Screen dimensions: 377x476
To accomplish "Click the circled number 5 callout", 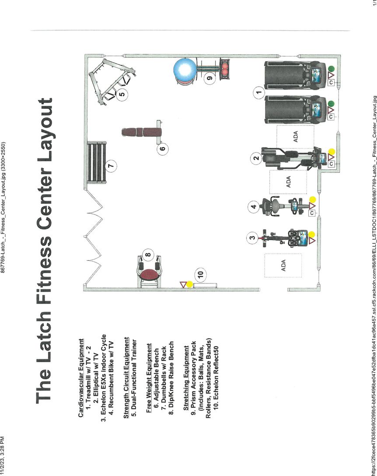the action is (122, 94).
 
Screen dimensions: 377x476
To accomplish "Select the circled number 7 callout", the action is (111, 166).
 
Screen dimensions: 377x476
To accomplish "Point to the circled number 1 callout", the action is (259, 92).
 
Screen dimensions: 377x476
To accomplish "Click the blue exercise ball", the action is (185, 70).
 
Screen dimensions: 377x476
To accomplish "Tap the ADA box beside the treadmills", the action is (295, 136).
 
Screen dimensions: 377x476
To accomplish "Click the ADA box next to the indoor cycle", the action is (283, 265).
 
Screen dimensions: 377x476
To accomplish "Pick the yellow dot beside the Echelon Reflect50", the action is (189, 284).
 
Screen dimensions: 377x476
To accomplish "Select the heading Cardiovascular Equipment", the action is (81, 378).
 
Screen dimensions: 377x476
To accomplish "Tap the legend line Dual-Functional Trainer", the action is (134, 378).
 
